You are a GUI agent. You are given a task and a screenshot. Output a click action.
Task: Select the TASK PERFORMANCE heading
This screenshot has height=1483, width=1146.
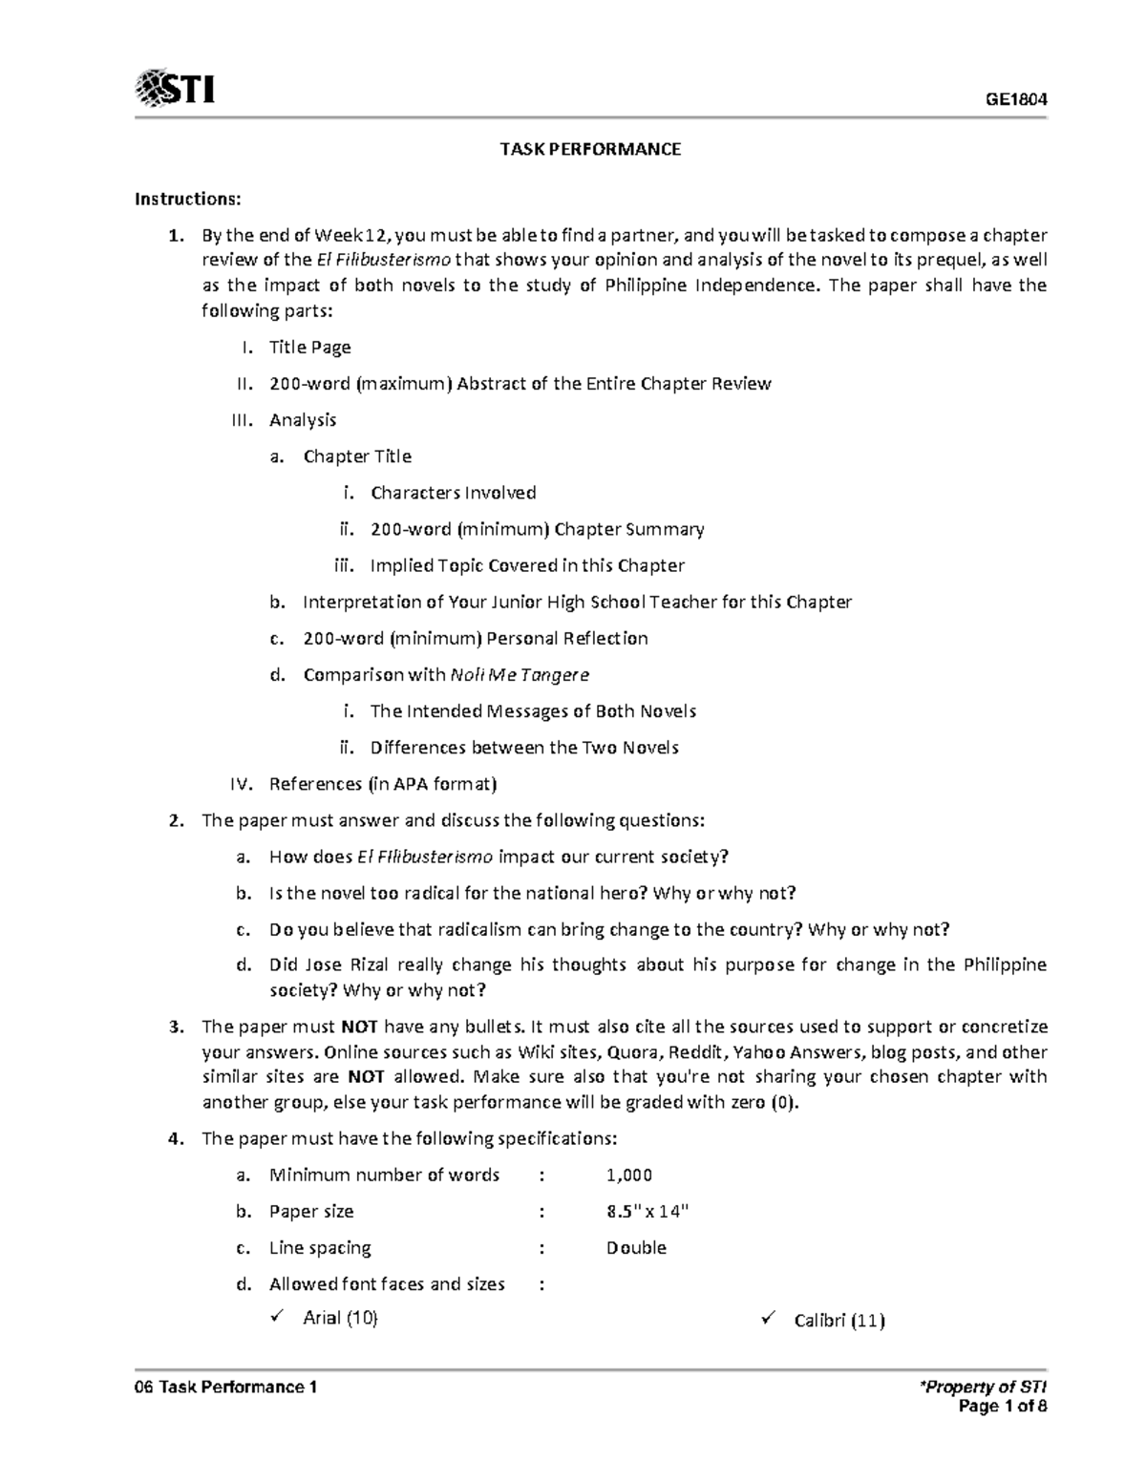[x=591, y=149]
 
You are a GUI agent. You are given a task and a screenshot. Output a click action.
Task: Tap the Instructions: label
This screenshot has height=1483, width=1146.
[x=188, y=199]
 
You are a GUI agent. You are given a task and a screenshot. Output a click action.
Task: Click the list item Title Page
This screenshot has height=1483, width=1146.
[x=309, y=348]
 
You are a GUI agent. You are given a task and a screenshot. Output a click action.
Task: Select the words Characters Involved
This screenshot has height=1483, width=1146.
[x=453, y=493]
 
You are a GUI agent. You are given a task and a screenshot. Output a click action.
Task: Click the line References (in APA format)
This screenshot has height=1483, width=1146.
[x=383, y=784]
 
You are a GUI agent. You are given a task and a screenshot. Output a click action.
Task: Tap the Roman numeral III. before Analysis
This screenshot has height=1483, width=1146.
[x=244, y=420]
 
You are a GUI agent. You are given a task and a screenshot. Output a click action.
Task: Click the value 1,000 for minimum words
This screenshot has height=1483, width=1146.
[x=628, y=1176]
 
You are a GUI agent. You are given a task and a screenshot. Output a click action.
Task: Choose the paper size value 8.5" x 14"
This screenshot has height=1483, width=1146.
[x=647, y=1212]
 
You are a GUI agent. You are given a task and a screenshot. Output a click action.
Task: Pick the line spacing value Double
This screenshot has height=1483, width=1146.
[x=636, y=1248]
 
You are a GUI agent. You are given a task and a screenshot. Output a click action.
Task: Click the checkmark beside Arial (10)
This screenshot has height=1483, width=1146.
[x=278, y=1318]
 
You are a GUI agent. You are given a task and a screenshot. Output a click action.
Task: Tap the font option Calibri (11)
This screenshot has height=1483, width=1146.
[x=838, y=1321]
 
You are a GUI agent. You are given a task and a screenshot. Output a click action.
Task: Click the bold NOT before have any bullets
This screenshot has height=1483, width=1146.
[x=359, y=1028]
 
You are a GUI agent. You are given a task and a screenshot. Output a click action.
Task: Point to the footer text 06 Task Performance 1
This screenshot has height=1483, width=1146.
[x=225, y=1388]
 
